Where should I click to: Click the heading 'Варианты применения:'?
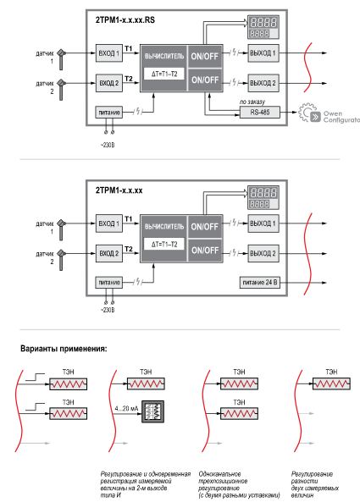pyautogui.click(x=64, y=349)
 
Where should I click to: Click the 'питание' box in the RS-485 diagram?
pyautogui.click(x=108, y=113)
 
